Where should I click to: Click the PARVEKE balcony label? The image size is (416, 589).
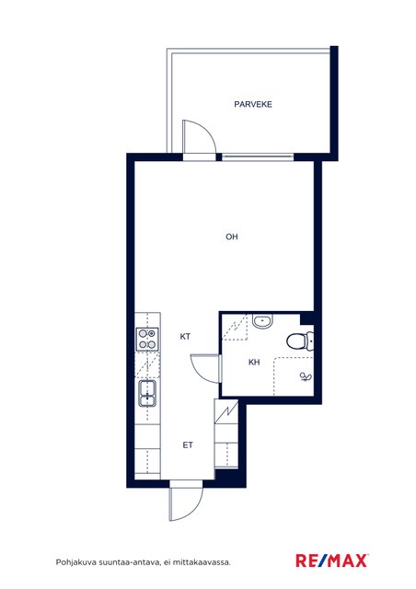pyautogui.click(x=253, y=104)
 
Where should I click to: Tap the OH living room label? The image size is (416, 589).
pyautogui.click(x=232, y=237)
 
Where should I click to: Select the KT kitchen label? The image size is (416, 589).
pyautogui.click(x=185, y=337)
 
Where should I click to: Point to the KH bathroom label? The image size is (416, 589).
pyautogui.click(x=254, y=363)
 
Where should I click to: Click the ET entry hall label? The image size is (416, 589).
pyautogui.click(x=188, y=445)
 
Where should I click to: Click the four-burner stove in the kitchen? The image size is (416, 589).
pyautogui.click(x=147, y=340)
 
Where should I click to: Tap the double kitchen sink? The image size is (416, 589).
pyautogui.click(x=147, y=393)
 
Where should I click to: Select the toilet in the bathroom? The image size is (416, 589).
pyautogui.click(x=300, y=341)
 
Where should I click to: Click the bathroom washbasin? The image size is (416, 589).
pyautogui.click(x=262, y=321)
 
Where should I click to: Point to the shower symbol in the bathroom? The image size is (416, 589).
pyautogui.click(x=306, y=376)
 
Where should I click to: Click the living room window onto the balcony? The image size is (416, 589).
pyautogui.click(x=257, y=157)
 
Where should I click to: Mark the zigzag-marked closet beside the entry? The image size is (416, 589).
pyautogui.click(x=226, y=411)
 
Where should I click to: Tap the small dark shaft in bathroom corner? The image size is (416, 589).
pyautogui.click(x=306, y=318)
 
